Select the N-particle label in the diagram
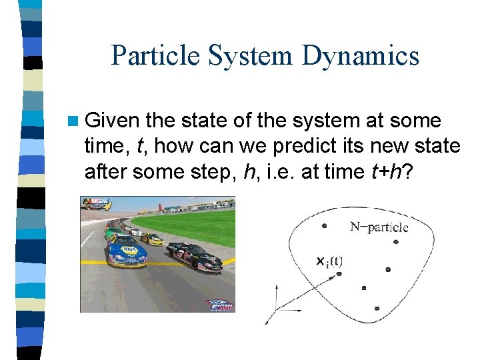[379, 227]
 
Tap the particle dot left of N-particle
[324, 225]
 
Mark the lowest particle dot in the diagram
[377, 309]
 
